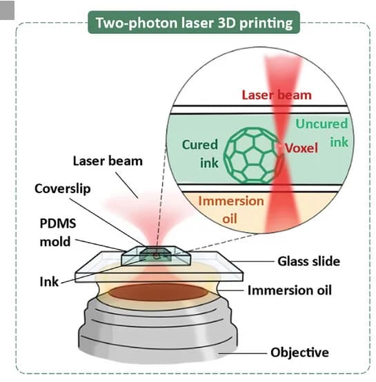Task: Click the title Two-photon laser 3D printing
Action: click(x=194, y=23)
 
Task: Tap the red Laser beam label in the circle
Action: click(x=277, y=94)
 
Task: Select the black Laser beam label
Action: click(x=108, y=161)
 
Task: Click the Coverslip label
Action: click(x=63, y=189)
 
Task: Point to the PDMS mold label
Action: click(x=58, y=232)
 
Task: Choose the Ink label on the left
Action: click(x=49, y=282)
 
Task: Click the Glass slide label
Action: click(x=309, y=261)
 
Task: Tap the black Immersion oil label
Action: click(x=290, y=290)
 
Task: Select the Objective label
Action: click(x=299, y=352)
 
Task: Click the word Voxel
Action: click(x=301, y=148)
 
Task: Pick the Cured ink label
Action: click(x=200, y=154)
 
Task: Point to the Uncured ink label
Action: click(x=321, y=133)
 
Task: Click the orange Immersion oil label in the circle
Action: click(x=231, y=210)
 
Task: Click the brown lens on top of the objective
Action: click(x=158, y=292)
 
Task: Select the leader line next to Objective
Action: click(x=243, y=353)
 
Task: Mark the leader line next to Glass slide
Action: click(x=253, y=261)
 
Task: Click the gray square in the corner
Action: click(x=7, y=10)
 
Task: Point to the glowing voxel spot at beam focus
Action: click(x=279, y=147)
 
